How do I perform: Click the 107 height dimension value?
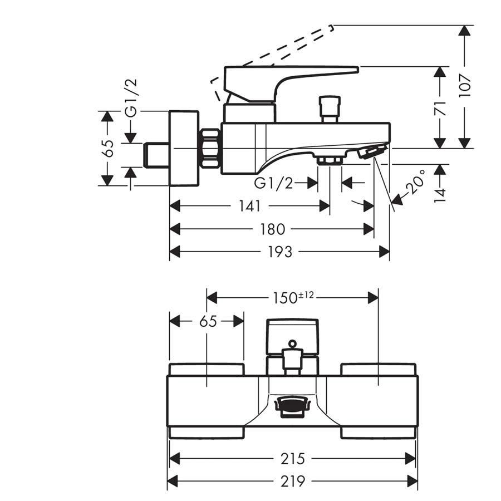pyautogui.click(x=465, y=86)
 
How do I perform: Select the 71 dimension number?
pyautogui.click(x=441, y=109)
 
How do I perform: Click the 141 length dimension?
pyautogui.click(x=249, y=206)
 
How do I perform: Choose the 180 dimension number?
pyautogui.click(x=272, y=229)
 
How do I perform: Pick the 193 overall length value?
pyautogui.click(x=280, y=252)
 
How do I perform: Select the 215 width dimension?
pyautogui.click(x=293, y=459)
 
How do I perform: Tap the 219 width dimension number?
pyautogui.click(x=293, y=482)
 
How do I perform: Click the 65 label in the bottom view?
pyautogui.click(x=208, y=321)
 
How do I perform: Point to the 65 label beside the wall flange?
pyautogui.click(x=109, y=148)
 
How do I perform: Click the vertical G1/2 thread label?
pyautogui.click(x=131, y=98)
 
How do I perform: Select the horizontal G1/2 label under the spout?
pyautogui.click(x=273, y=183)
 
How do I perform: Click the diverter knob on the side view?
pyautogui.click(x=330, y=109)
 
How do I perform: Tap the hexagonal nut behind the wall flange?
pyautogui.click(x=210, y=148)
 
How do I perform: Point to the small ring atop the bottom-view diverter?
pyautogui.click(x=292, y=344)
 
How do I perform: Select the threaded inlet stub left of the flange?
pyautogui.click(x=156, y=155)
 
